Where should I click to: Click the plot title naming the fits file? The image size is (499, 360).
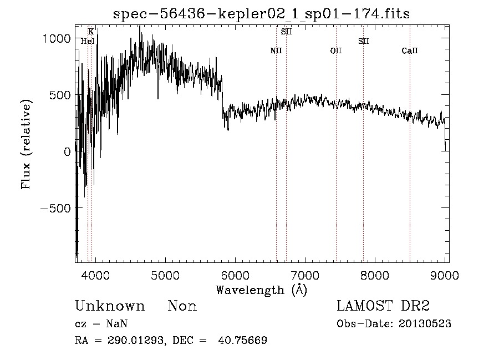[x=261, y=14]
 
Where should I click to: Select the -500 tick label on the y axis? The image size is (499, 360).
[x=57, y=208]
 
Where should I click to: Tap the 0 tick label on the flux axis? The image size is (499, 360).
[x=67, y=151]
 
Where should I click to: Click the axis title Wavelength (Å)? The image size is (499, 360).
[x=261, y=290]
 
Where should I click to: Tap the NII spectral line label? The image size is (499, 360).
[x=276, y=50]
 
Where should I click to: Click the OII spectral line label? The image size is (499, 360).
[x=336, y=50]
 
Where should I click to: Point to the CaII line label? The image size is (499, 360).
[x=410, y=50]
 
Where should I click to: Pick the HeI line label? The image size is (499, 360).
[x=88, y=41]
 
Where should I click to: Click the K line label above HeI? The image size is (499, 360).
[x=91, y=32]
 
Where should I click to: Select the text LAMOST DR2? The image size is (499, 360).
[x=383, y=306]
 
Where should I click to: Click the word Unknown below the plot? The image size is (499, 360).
[x=110, y=306]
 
